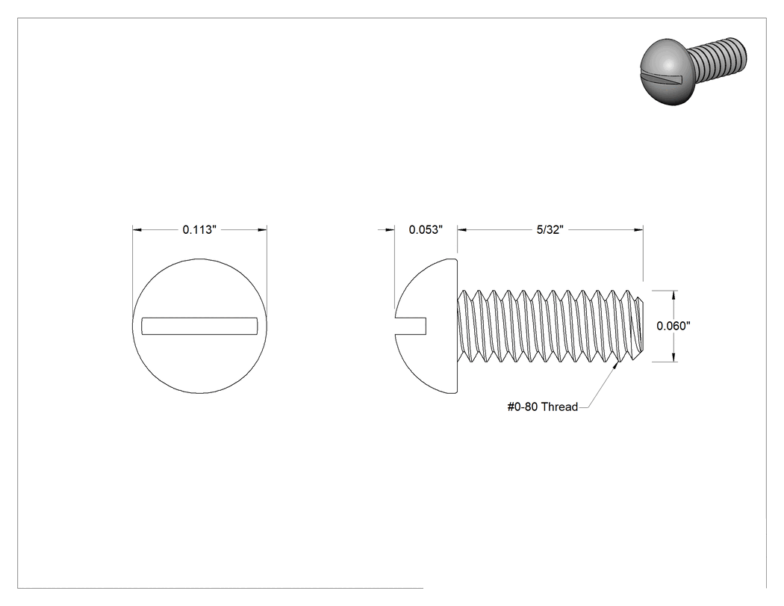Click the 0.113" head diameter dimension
coord(199,229)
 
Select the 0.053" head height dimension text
coord(426,229)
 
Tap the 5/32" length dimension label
coord(550,229)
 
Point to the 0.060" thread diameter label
coord(673,326)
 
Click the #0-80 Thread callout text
coord(543,406)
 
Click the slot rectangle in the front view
coord(199,326)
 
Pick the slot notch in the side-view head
coord(411,326)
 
